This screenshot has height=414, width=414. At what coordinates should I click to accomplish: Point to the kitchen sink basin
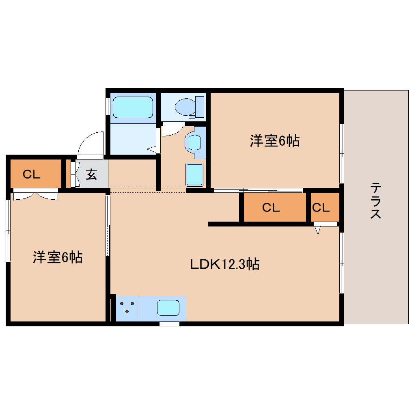pyautogui.click(x=168, y=308)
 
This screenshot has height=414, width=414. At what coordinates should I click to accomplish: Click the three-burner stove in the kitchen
pyautogui.click(x=127, y=307)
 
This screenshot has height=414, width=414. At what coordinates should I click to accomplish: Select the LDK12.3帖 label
pyautogui.click(x=225, y=265)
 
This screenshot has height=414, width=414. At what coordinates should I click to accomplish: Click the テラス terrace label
pyautogui.click(x=375, y=201)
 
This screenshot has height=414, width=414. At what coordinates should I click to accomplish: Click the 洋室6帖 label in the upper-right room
pyautogui.click(x=274, y=141)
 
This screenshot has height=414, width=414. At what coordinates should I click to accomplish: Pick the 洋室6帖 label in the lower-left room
pyautogui.click(x=58, y=257)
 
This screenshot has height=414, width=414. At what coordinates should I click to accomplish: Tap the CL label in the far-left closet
pyautogui.click(x=31, y=175)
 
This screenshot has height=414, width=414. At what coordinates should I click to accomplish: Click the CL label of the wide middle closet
pyautogui.click(x=271, y=208)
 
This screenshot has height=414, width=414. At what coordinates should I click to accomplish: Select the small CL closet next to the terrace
pyautogui.click(x=321, y=208)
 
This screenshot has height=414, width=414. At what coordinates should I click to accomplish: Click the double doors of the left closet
pyautogui.click(x=35, y=196)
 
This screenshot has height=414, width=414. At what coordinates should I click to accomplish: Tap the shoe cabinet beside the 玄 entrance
pyautogui.click(x=73, y=175)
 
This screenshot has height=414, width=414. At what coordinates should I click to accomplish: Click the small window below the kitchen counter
pyautogui.click(x=169, y=323)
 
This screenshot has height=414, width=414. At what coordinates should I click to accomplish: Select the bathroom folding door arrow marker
pyautogui.click(x=152, y=149)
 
